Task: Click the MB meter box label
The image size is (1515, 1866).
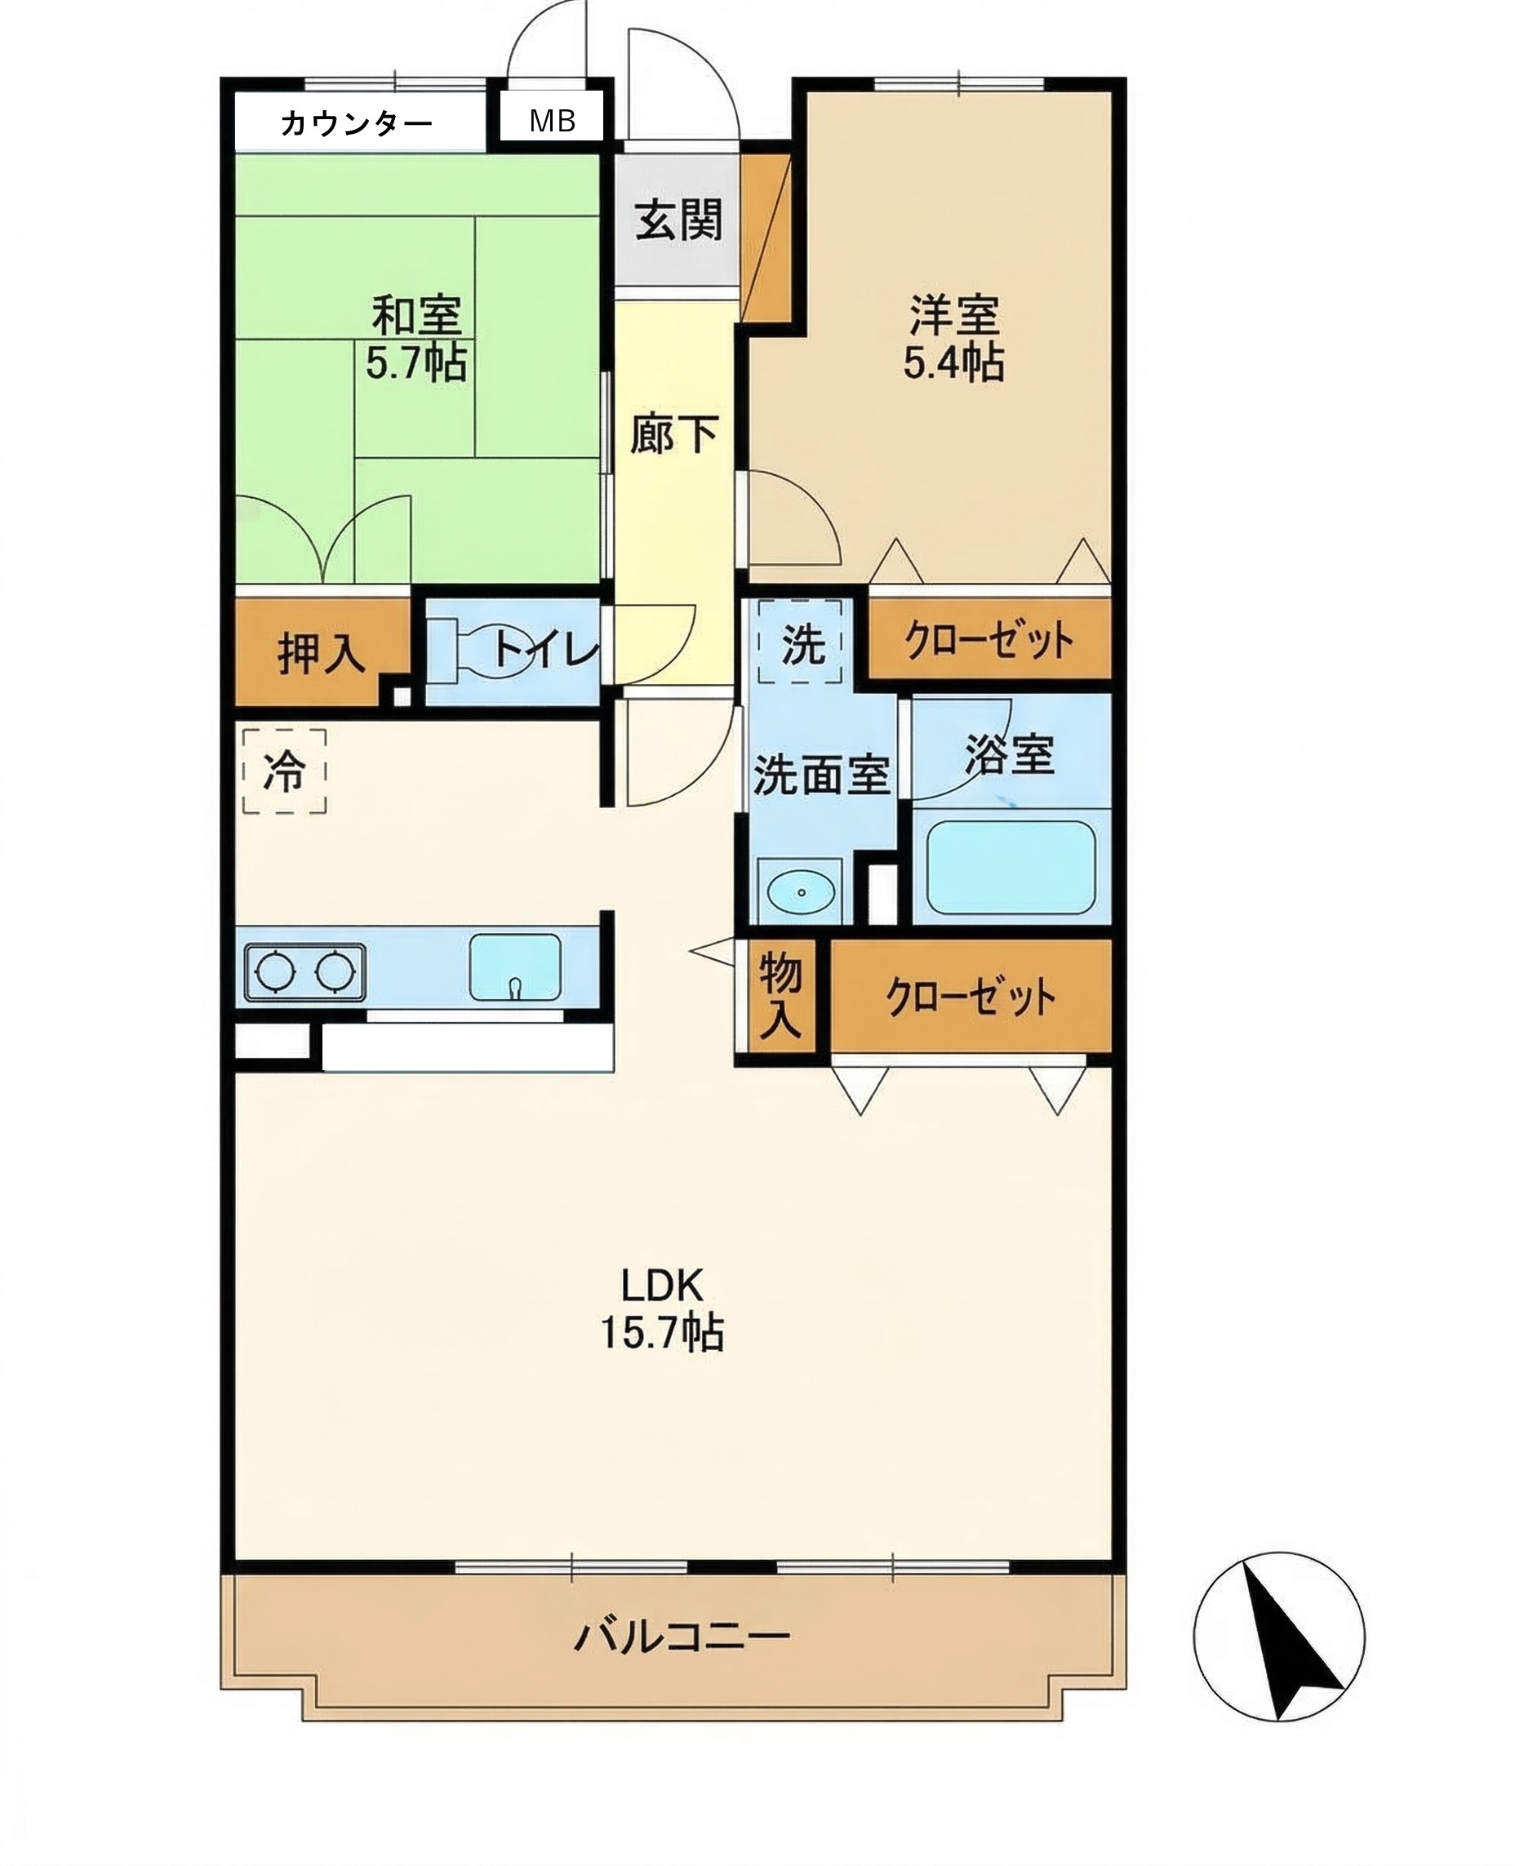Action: [x=553, y=122]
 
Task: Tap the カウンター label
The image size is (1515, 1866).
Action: [x=356, y=124]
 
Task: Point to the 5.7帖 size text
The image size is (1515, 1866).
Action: [x=415, y=362]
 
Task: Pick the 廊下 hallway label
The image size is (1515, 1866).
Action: [x=673, y=433]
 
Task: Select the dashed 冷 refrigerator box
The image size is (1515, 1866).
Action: [x=285, y=771]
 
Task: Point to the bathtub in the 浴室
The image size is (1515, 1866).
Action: [x=1011, y=867]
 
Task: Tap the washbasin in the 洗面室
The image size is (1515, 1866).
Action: [x=799, y=891]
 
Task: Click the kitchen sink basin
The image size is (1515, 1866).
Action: [x=515, y=967]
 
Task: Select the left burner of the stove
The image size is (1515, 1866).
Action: [x=276, y=971]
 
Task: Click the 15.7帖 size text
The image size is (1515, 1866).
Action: [x=661, y=1333]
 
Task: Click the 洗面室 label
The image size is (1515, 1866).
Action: [x=820, y=774]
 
